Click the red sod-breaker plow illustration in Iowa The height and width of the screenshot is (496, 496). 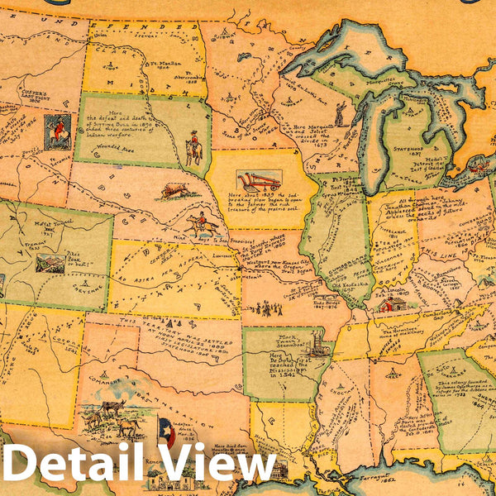point(258,180)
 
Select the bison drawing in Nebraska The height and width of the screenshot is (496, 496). point(174,190)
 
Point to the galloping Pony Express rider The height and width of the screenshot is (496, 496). point(201,223)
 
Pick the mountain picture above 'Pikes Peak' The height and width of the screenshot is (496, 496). point(50,264)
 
